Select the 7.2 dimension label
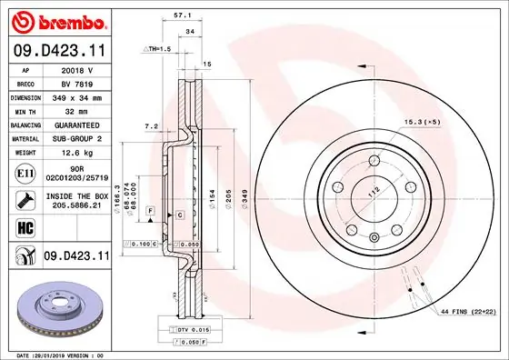point(152,126)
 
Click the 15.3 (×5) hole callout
point(424,121)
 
